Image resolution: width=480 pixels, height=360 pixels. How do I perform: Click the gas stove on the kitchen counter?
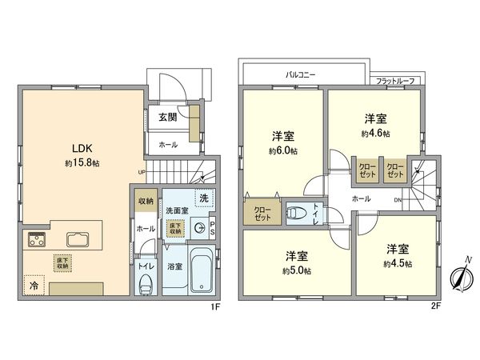(x=37, y=239)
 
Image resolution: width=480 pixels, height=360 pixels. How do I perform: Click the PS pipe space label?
(x=213, y=227)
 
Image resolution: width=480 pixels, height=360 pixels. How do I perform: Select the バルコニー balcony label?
(x=301, y=74)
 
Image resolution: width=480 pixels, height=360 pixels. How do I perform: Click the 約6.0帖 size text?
(x=284, y=150)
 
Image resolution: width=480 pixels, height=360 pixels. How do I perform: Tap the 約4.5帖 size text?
(x=397, y=263)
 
